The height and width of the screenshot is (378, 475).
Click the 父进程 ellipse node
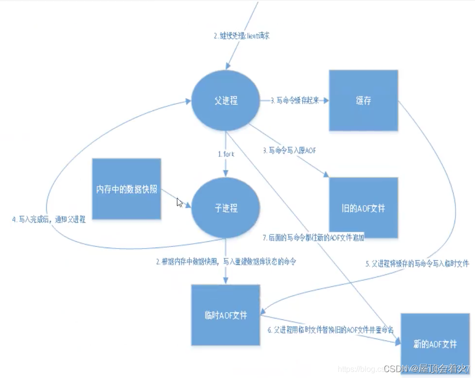225,101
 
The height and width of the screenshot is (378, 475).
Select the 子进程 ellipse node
225,208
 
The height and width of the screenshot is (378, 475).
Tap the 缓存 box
363,101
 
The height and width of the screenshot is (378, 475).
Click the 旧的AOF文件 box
363,208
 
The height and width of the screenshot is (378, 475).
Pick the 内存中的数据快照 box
127,189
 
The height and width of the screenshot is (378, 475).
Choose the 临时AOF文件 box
225,315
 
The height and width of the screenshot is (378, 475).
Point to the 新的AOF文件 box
434,344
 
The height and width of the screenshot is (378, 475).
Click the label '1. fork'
226,153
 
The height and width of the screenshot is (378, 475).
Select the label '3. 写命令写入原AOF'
290,150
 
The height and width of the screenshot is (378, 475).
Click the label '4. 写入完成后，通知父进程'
49,220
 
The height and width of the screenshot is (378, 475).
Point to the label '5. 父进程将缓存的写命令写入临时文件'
417,264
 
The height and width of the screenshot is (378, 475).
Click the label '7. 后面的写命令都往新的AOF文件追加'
313,238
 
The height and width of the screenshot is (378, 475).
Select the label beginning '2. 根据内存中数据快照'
229,262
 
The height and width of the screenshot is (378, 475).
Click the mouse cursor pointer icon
179,202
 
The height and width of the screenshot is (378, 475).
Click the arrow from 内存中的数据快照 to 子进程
176,199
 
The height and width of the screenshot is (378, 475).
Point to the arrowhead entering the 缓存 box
325,101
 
